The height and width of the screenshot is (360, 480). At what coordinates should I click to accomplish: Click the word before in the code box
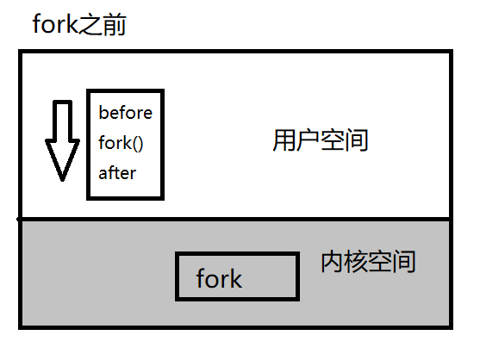[125, 113]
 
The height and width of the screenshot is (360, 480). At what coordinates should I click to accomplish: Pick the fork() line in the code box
[121, 142]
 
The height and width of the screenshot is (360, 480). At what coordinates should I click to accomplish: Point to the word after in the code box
[117, 172]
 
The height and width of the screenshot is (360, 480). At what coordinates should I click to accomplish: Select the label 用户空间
[320, 140]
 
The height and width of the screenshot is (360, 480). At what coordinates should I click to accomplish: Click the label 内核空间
[367, 262]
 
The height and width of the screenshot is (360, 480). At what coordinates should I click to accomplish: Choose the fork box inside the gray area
[234, 276]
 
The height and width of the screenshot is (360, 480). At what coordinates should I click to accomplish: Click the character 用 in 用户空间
[284, 140]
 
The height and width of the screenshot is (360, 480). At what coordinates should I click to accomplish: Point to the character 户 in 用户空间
[308, 140]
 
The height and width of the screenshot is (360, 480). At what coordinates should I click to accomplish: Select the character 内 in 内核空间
[331, 262]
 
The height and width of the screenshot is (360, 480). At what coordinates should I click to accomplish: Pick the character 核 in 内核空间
[355, 262]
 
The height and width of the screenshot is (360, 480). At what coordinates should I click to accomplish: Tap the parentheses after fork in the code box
[137, 142]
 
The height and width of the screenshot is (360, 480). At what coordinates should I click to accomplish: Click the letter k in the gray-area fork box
[235, 278]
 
